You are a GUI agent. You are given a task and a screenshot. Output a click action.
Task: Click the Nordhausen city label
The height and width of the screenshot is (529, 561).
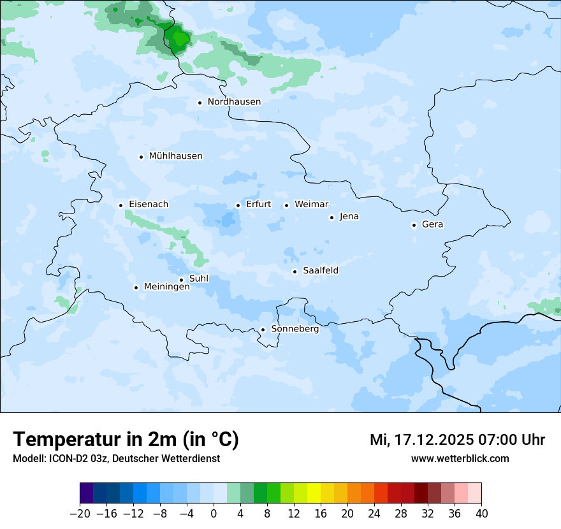coord(234,102)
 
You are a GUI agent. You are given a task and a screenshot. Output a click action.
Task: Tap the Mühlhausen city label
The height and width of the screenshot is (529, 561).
coord(175,156)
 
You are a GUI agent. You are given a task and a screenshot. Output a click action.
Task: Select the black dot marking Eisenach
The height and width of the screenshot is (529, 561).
coord(120,205)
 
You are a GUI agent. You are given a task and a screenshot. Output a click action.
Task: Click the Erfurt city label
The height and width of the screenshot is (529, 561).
coord(258,205)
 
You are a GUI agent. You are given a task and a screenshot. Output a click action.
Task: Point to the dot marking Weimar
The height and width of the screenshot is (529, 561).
coord(286,205)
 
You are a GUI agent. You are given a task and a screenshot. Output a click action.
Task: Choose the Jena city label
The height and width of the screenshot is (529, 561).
coord(349,217)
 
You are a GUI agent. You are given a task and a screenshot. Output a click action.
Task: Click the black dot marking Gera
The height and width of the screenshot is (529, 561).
coord(414,225)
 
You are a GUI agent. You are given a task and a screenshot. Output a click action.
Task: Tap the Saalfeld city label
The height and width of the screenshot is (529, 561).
coord(320,271)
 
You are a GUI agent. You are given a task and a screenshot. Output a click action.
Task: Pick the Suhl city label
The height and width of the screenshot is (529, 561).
coord(198,279)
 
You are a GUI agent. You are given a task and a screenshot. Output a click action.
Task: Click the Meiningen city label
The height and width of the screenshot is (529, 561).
coord(166,287)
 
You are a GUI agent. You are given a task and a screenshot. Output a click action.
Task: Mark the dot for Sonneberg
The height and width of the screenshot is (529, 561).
coord(263,330)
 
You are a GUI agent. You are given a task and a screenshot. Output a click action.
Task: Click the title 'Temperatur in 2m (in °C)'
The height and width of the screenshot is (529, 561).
coord(126,440)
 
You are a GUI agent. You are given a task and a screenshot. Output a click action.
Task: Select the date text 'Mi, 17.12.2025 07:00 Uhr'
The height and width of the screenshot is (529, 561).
coord(457,440)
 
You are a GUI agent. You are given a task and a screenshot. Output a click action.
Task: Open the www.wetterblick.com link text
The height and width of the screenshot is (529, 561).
coord(460,458)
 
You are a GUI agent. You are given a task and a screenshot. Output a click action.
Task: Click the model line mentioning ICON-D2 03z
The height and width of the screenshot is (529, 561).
coord(116,458)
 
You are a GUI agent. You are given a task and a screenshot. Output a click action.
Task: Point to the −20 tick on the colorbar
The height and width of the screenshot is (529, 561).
coord(80,514)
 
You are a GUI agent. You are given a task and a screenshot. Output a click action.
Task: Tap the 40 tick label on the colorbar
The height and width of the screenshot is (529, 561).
coord(481,514)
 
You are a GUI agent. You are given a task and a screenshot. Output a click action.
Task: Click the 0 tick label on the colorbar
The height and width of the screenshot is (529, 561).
coord(214,514)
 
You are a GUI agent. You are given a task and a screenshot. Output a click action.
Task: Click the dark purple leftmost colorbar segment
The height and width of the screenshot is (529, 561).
coord(86,494)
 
